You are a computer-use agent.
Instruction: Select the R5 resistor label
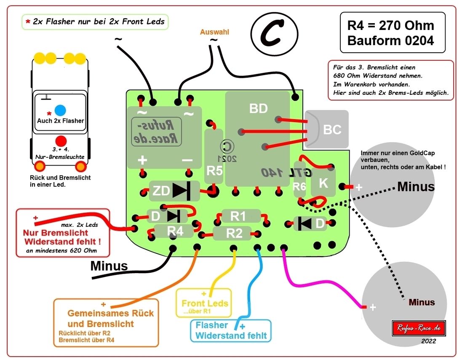click(214, 171)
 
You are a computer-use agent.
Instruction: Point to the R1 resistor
click(238, 217)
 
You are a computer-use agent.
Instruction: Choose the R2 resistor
click(234, 233)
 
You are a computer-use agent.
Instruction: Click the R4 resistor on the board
click(175, 231)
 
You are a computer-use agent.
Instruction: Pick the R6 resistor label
click(299, 187)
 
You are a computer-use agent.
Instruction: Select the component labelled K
click(323, 183)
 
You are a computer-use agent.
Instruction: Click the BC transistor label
click(332, 129)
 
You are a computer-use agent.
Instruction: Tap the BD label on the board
click(258, 109)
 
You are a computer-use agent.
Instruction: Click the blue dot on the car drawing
click(60, 110)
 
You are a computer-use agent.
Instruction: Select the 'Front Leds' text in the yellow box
click(205, 303)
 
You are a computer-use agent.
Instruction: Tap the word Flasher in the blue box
click(212, 325)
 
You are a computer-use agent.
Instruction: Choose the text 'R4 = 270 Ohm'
click(390, 25)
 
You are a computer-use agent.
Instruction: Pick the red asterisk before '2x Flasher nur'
click(28, 21)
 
